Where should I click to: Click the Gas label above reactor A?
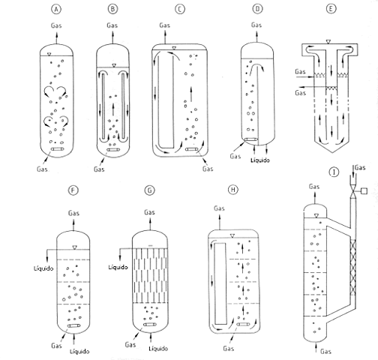[56, 26]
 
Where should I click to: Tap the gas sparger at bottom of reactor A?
[56, 149]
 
